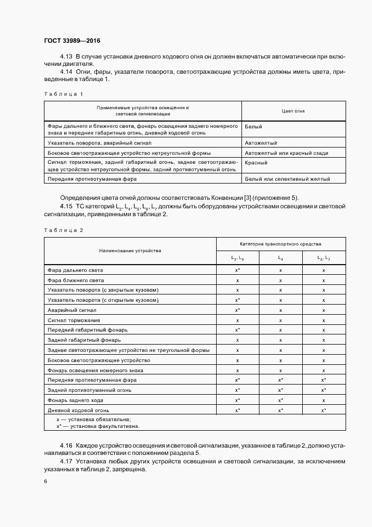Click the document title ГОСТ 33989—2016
[x=72, y=41]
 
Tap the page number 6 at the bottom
[x=46, y=481]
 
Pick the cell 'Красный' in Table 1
[x=256, y=163]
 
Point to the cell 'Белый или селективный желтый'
[x=287, y=179]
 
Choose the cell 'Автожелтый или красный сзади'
[x=286, y=153]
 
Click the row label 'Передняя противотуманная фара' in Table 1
[x=92, y=179]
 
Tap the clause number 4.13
[x=66, y=57]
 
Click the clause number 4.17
[x=66, y=462]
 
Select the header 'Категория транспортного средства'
[x=280, y=244]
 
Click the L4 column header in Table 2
[x=280, y=258]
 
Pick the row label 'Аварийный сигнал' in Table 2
[x=73, y=310]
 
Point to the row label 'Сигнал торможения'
[x=74, y=320]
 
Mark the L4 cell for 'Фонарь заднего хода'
[x=280, y=400]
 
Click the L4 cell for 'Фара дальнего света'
[x=280, y=270]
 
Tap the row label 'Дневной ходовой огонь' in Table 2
[x=82, y=410]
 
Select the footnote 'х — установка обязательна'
[x=93, y=419]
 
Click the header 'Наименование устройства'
[x=130, y=251]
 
